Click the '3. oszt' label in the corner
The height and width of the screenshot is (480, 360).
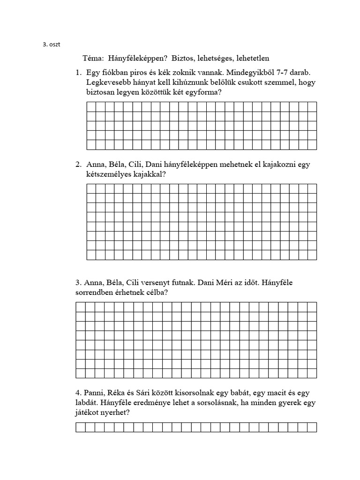[51, 45]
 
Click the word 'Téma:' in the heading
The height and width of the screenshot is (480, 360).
[93, 59]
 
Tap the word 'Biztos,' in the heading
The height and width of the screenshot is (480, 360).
[185, 59]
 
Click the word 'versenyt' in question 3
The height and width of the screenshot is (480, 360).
[165, 283]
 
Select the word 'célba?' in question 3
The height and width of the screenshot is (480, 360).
[156, 292]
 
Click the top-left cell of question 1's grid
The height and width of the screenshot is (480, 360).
[91, 107]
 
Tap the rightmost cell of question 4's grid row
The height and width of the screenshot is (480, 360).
[312, 427]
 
